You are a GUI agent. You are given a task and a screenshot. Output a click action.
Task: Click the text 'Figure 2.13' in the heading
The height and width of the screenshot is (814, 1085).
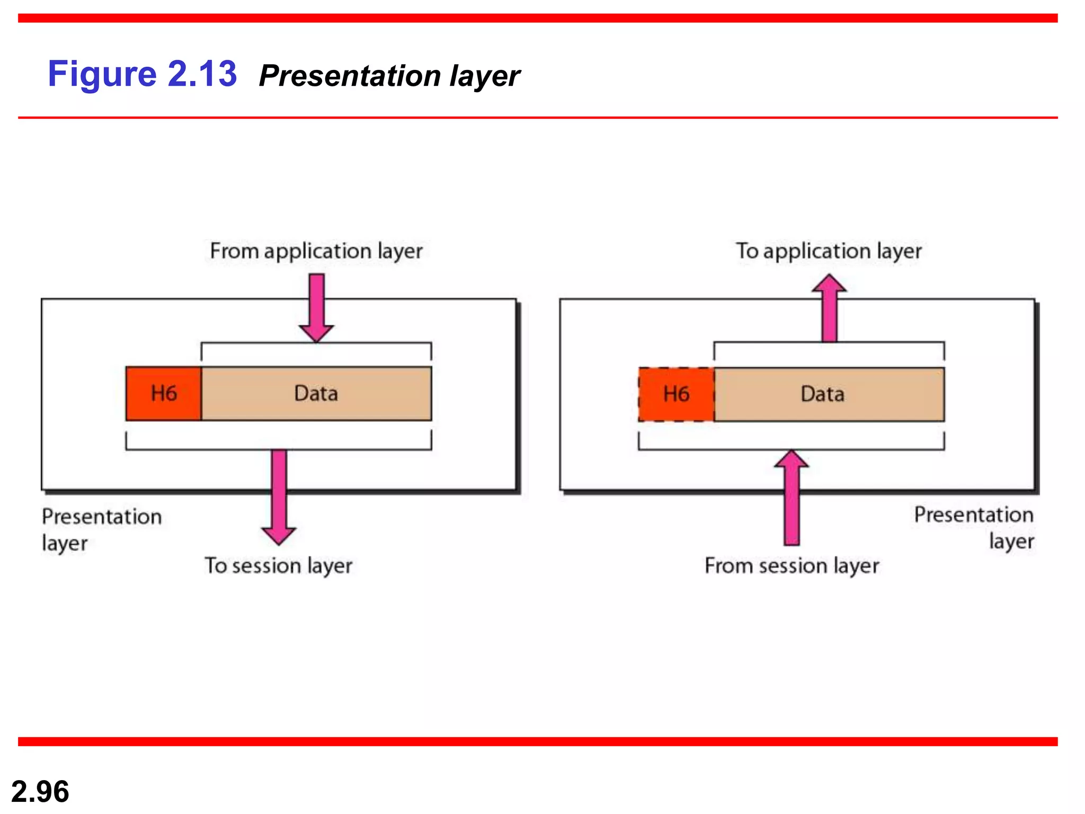[142, 74]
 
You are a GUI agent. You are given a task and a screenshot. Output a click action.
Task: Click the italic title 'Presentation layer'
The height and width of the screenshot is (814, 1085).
[389, 76]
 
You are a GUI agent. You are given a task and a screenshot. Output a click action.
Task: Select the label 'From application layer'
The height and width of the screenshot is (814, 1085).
[316, 251]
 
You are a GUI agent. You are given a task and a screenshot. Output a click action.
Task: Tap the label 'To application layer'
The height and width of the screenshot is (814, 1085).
[829, 251]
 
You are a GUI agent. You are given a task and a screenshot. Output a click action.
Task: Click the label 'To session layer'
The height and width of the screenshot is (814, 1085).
[278, 565]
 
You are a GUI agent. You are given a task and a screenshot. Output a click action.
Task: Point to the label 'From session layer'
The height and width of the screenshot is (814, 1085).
[791, 565]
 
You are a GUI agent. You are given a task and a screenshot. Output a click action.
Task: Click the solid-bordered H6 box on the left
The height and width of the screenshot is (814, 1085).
[163, 394]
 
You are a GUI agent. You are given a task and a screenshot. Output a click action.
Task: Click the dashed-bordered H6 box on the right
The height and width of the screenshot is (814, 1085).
[676, 394]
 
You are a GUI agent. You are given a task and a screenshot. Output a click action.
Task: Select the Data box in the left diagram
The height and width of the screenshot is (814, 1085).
[316, 394]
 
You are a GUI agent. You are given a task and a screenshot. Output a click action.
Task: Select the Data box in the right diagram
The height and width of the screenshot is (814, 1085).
[829, 394]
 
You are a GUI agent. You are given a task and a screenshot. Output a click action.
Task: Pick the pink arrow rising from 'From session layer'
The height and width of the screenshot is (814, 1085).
[791, 498]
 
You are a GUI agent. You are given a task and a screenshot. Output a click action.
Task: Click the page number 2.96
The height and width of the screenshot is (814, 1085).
[40, 792]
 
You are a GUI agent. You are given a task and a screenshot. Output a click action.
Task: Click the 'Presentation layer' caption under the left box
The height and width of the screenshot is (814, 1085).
[101, 529]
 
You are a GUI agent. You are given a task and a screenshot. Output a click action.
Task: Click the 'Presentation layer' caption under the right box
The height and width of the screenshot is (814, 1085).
[974, 527]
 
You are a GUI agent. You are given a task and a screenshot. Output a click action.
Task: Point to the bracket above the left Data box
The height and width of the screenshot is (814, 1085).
[316, 344]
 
